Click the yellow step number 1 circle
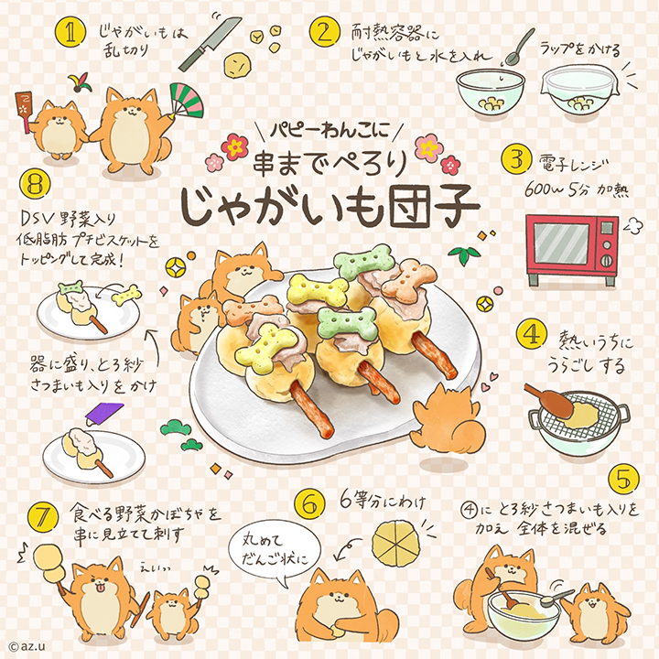[70, 33]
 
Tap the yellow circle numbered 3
[516, 159]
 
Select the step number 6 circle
[310, 504]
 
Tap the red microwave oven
[572, 250]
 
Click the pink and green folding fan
[187, 100]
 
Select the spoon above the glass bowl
[520, 47]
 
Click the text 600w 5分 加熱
[577, 190]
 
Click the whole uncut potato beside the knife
[237, 65]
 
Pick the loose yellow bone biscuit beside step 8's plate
[126, 294]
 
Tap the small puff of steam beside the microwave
[633, 226]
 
